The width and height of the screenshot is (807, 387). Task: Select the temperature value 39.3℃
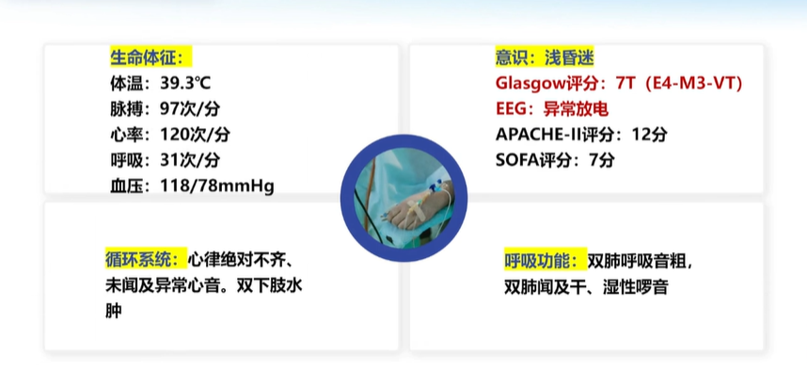(x=185, y=84)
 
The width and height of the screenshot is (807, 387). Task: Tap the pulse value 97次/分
(x=190, y=109)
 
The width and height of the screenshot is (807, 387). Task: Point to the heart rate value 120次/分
(x=195, y=135)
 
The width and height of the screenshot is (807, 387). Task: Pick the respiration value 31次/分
(x=190, y=161)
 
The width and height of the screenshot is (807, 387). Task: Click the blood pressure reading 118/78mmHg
(x=216, y=186)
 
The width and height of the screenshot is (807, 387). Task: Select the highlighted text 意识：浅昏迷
(x=545, y=57)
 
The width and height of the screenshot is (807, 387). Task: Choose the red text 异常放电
(x=576, y=109)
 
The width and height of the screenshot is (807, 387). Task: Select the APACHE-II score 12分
(x=650, y=135)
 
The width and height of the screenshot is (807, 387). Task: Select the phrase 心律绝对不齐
(x=236, y=260)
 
